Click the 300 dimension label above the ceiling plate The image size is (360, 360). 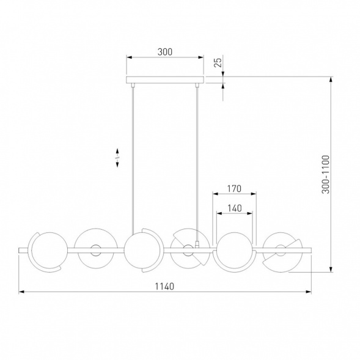(x=165, y=52)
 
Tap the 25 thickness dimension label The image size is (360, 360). (x=218, y=62)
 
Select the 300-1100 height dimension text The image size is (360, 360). (x=325, y=174)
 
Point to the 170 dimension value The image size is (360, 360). (x=235, y=189)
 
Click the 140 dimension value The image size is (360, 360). (x=235, y=208)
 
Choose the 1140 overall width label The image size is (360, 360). (x=164, y=287)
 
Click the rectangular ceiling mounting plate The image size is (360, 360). (x=165, y=80)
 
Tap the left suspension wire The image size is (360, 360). (x=133, y=158)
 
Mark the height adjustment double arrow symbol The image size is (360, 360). (x=117, y=158)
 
